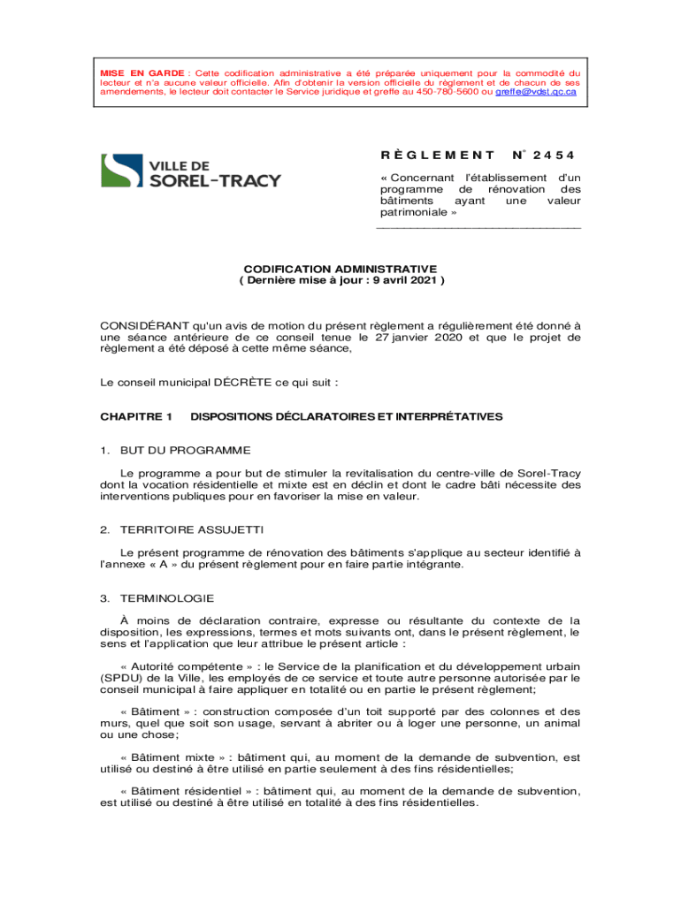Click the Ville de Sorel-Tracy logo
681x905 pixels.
pos(190,171)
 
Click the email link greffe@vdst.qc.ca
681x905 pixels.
pos(536,91)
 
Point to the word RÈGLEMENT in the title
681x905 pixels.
pos(425,156)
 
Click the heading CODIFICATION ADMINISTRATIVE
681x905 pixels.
pos(340,268)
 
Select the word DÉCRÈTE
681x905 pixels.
pos(260,383)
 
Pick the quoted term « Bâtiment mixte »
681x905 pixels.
pos(172,757)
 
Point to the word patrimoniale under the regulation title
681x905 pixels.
pos(417,213)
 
